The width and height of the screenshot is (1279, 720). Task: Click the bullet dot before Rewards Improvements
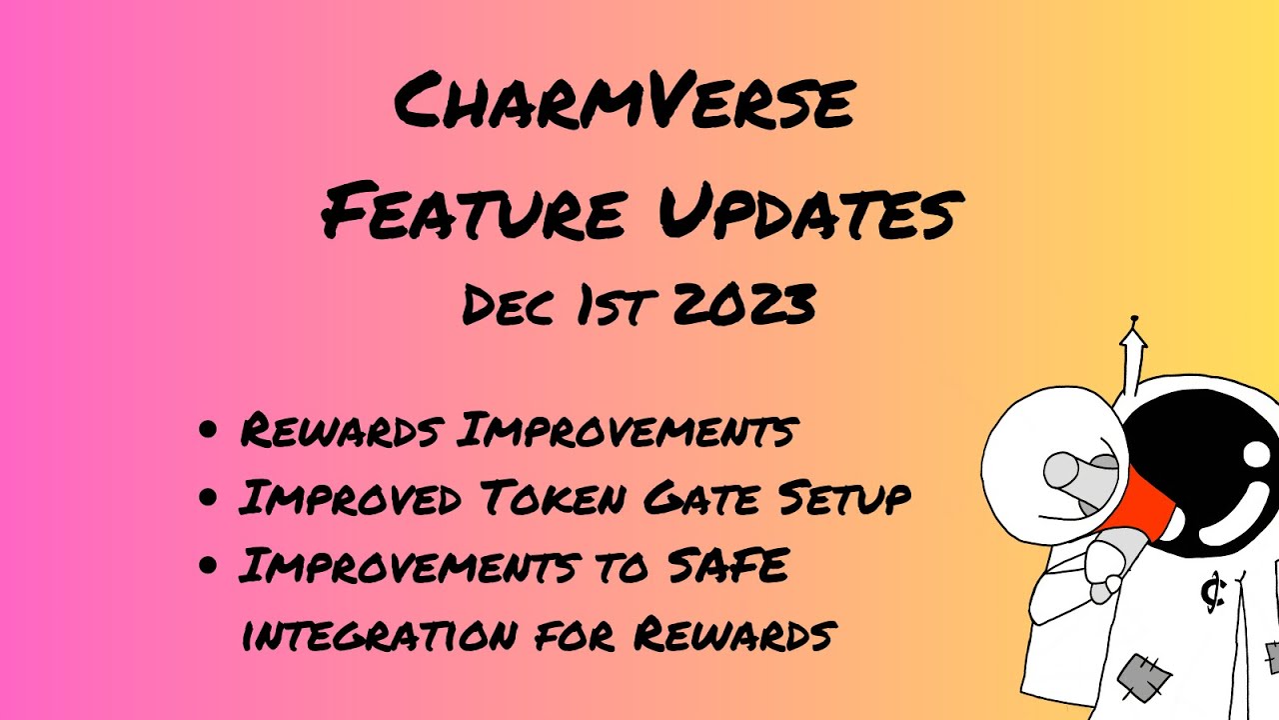click(209, 431)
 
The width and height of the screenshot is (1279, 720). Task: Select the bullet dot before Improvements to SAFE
click(209, 566)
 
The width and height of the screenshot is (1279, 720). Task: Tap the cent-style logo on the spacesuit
click(1213, 594)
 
